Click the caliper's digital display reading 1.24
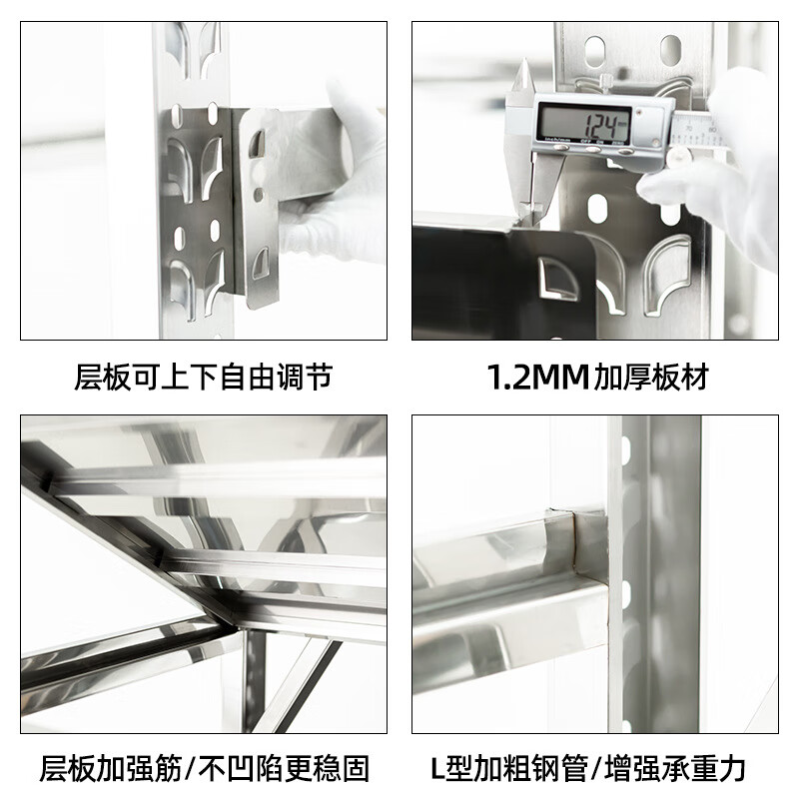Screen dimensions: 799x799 click(583, 125)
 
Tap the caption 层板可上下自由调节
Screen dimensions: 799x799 click(203, 378)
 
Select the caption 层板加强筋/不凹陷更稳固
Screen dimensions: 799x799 click(204, 768)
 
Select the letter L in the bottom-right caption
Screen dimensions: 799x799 click(438, 768)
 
